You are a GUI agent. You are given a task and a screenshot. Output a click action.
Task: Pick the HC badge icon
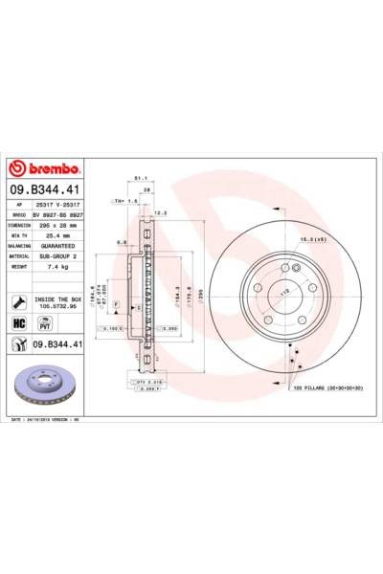[20, 322]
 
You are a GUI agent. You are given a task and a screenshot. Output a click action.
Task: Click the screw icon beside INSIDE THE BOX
[20, 302]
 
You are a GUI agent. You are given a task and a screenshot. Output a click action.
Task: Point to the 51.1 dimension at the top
[139, 178]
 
